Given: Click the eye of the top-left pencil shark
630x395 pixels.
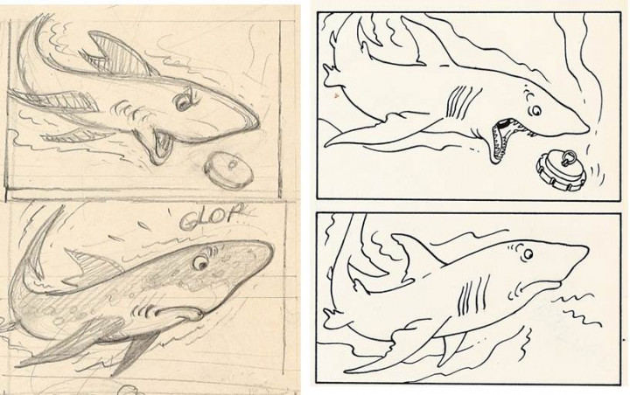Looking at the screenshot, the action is [x=183, y=101].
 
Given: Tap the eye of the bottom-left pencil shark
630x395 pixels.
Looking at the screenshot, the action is [x=200, y=263].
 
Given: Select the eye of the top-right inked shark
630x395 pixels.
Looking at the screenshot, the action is [x=536, y=109].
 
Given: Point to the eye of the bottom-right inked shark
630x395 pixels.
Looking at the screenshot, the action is [x=528, y=253].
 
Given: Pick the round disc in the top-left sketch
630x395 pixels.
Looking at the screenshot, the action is [x=228, y=170].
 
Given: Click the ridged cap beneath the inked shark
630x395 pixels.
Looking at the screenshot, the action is [x=562, y=169].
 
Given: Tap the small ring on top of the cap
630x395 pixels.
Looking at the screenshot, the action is [x=567, y=158].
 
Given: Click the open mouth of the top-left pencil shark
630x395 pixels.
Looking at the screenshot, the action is [x=161, y=146].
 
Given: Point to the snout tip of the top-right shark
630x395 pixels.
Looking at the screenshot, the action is [x=589, y=129].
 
